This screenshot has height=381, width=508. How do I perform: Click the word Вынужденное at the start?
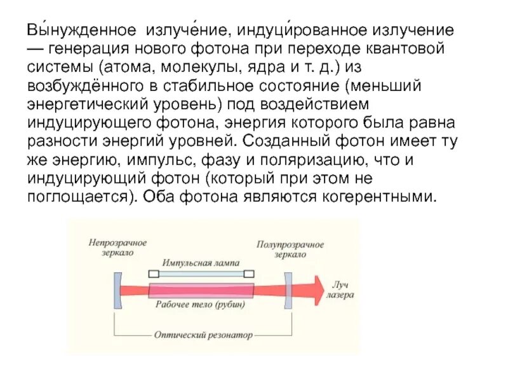click(81, 30)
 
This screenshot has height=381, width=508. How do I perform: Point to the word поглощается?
click(76, 196)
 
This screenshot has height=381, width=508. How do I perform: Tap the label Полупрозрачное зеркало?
click(290, 249)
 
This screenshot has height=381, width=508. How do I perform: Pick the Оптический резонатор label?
click(203, 335)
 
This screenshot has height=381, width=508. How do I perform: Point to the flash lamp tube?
click(201, 274)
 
